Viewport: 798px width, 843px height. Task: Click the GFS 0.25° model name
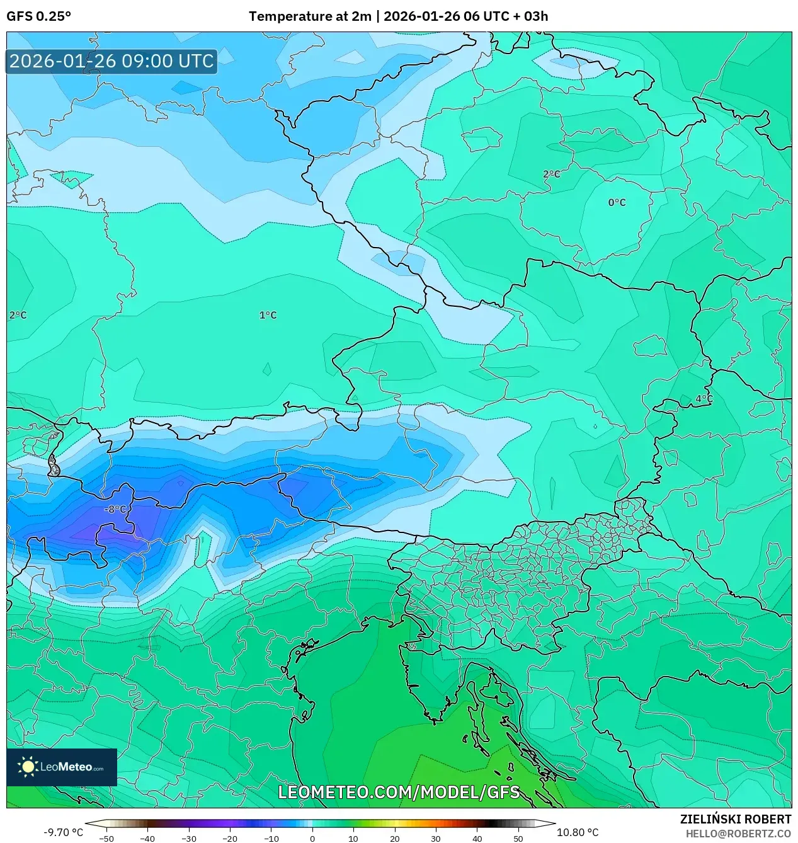click(38, 16)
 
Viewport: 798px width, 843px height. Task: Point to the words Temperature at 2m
click(310, 16)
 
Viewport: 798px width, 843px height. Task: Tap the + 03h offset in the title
click(532, 16)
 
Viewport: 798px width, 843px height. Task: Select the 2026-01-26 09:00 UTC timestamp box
click(111, 61)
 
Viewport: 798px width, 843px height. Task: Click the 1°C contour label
click(268, 315)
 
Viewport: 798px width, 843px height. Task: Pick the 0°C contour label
click(617, 202)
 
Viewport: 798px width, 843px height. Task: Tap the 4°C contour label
click(704, 399)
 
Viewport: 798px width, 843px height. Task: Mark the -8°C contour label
click(115, 509)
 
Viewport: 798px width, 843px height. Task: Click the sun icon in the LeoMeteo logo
click(28, 767)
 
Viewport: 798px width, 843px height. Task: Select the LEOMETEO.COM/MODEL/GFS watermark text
click(399, 792)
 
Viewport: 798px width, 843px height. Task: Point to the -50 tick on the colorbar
click(107, 839)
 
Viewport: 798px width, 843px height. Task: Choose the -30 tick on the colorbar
click(189, 839)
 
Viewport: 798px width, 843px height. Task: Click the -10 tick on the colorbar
click(271, 839)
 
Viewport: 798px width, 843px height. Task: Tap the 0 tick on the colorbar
click(312, 839)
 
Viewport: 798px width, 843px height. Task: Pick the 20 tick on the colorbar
click(394, 839)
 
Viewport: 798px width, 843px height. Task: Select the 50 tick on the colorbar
click(518, 839)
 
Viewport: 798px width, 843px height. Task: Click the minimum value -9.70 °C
click(63, 832)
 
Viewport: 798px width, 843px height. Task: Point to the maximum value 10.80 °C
click(577, 832)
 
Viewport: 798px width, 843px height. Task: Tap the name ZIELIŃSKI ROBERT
click(735, 819)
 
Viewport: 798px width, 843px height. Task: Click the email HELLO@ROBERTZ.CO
click(738, 834)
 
